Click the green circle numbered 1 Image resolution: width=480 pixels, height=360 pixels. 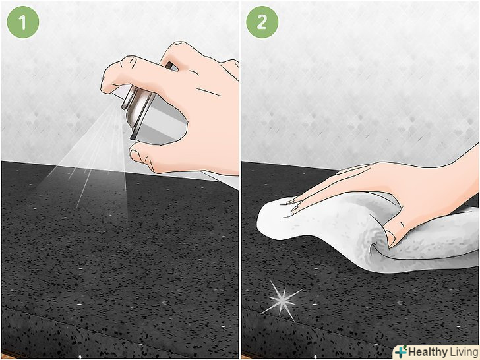coord(23,22)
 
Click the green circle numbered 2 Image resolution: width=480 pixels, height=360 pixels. coord(262,22)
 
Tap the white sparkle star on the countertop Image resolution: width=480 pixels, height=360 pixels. coord(282,300)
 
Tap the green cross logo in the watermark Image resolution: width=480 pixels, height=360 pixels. coord(401,351)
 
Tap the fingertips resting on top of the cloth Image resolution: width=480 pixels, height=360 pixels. coord(294,205)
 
